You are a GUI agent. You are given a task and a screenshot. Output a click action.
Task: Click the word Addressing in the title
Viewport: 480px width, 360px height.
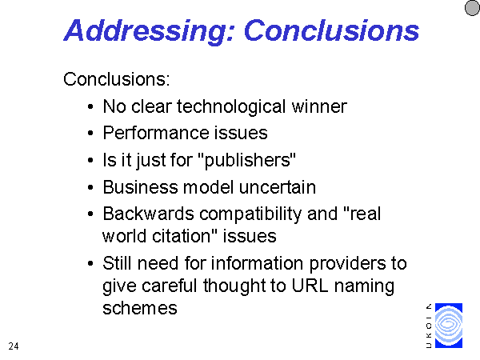(149, 31)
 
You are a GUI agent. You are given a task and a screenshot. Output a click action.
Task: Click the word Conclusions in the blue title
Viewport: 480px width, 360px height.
(331, 30)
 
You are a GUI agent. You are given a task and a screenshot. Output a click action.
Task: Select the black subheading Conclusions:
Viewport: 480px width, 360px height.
(116, 79)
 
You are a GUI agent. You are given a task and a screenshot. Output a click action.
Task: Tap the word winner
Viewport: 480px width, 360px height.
(319, 106)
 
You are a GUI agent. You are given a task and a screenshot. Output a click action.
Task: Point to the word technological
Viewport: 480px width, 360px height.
(231, 107)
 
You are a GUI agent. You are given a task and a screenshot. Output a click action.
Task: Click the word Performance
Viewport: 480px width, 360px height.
(156, 133)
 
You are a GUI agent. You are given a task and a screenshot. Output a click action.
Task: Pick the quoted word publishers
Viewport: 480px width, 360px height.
(247, 160)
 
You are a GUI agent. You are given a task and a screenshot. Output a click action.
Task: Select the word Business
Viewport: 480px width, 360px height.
(141, 186)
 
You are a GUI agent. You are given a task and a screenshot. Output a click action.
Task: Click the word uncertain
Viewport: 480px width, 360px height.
(278, 187)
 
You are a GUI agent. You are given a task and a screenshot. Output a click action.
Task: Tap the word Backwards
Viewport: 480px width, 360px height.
(149, 214)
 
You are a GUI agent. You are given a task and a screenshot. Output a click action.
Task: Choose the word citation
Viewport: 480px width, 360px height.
(185, 236)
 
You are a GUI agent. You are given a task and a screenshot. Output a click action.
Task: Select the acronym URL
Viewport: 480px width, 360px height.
(310, 286)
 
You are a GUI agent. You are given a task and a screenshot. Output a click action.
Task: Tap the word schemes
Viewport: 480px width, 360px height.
(140, 308)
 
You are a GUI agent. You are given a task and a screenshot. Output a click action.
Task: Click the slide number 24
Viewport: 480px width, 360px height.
(14, 346)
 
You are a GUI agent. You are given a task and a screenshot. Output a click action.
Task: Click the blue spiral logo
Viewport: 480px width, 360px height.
(449, 326)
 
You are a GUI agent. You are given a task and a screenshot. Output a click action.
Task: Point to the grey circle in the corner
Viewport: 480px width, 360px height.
(473, 7)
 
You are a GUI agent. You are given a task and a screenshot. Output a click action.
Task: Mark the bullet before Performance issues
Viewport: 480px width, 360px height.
(90, 133)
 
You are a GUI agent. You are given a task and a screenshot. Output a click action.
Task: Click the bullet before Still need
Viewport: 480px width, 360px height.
(90, 263)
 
